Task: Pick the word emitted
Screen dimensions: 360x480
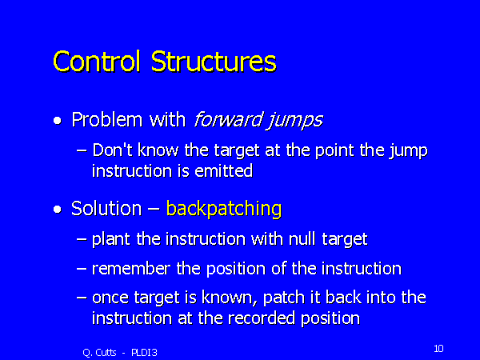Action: tap(224, 170)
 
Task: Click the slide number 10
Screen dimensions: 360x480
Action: tap(438, 348)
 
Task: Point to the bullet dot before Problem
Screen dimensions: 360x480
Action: tap(57, 122)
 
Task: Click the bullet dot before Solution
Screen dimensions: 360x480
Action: tap(57, 210)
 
